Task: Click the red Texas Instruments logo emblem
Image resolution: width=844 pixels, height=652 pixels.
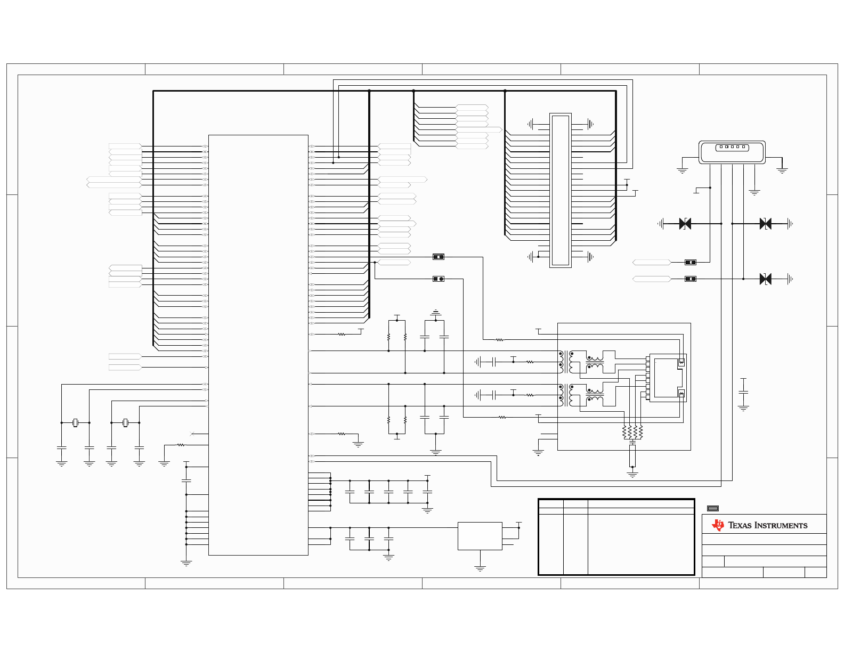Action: (x=718, y=525)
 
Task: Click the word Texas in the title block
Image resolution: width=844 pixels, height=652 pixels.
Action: (x=740, y=525)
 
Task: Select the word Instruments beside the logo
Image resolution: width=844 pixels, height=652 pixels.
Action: (x=781, y=525)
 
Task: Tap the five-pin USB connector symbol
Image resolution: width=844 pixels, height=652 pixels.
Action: (x=732, y=152)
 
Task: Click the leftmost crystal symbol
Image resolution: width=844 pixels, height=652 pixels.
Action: (x=75, y=422)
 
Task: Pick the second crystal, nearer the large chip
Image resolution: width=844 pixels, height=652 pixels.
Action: (x=125, y=422)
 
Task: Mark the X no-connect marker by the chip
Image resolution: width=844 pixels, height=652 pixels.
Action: (x=192, y=434)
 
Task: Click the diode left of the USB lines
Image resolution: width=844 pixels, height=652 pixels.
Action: (x=685, y=224)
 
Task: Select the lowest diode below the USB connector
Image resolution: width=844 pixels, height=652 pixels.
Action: (x=765, y=279)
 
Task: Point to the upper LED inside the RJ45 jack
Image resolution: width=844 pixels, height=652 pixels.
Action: (x=681, y=362)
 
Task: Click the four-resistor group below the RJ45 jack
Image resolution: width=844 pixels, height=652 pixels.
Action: (x=632, y=432)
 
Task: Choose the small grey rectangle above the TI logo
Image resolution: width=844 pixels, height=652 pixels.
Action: (x=713, y=508)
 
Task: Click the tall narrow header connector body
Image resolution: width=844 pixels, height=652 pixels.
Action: (x=560, y=190)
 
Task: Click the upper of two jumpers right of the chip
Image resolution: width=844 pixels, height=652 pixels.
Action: (x=438, y=257)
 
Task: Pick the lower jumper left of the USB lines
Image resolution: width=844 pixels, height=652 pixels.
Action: (x=690, y=279)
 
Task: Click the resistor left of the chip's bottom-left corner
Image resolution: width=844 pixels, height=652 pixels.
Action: (x=181, y=445)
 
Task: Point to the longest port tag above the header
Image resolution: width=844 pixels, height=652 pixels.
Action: (x=478, y=129)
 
